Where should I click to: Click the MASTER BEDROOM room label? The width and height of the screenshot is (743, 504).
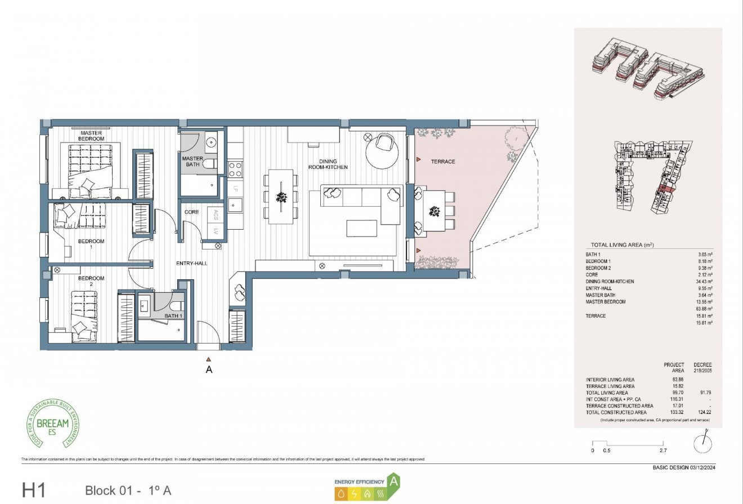(x=91, y=136)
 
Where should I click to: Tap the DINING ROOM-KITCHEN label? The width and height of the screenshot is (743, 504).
(x=328, y=164)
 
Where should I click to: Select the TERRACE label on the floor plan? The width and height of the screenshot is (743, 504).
(x=443, y=162)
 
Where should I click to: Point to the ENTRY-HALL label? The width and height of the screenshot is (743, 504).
(x=191, y=263)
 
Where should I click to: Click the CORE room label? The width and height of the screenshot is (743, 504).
(x=192, y=212)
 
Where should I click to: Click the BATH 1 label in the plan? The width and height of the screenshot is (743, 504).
(x=173, y=316)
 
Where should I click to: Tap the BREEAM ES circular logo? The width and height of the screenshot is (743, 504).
(x=54, y=422)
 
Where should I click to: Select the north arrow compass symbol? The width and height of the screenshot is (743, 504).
(x=702, y=443)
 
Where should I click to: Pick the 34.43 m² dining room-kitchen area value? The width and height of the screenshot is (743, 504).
(x=705, y=281)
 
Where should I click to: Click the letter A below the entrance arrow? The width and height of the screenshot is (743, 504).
(x=209, y=370)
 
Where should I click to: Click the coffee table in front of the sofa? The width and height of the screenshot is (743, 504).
(x=362, y=228)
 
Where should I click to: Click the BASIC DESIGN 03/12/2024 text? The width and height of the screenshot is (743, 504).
(x=684, y=467)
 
